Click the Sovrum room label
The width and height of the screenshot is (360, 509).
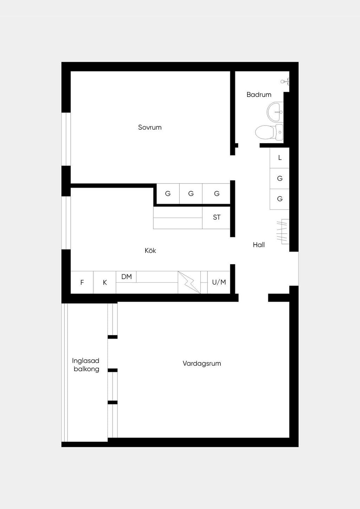[x=150, y=127]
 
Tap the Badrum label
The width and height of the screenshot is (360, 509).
[x=259, y=95]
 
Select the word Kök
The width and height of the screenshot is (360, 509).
[x=150, y=250]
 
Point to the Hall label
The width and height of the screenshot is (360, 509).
[x=259, y=245]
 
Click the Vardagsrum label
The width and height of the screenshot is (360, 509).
[x=202, y=363]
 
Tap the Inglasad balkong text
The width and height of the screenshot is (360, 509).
[x=86, y=365]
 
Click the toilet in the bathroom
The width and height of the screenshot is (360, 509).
[x=269, y=132]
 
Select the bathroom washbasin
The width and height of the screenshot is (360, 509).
[x=275, y=112]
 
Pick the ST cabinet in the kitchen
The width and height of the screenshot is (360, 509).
[x=216, y=218]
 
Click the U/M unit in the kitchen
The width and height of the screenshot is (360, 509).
[x=219, y=282]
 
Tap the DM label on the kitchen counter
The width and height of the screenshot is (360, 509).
[x=126, y=277]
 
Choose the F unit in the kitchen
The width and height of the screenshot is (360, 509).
[x=82, y=283]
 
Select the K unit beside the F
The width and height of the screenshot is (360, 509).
[x=104, y=283]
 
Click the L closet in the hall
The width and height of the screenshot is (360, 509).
[x=279, y=158]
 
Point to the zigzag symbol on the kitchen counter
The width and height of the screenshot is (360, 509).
[x=189, y=282]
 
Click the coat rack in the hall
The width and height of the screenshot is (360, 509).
[x=283, y=232]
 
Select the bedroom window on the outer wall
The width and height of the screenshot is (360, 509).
[x=66, y=139]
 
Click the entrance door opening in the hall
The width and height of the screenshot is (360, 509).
[x=294, y=269]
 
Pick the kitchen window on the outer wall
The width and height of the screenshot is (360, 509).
[x=66, y=223]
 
